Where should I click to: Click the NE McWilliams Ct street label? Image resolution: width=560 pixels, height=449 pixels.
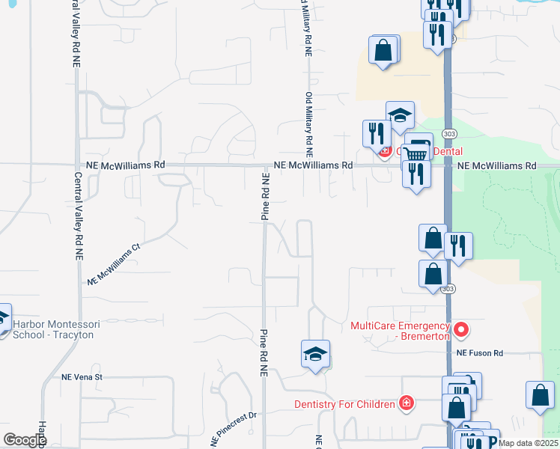point(114,265)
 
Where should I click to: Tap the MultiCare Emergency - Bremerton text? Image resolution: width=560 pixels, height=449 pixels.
point(400,331)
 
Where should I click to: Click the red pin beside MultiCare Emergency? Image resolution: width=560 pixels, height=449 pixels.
point(462,329)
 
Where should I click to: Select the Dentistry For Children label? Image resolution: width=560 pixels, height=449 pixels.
point(344,404)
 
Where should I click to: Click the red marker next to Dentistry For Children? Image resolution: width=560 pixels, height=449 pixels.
point(407,403)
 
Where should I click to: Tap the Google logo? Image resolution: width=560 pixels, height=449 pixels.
point(24,440)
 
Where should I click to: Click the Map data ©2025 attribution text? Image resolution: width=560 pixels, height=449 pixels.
point(527,443)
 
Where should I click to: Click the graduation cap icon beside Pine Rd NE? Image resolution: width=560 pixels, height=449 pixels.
point(316,353)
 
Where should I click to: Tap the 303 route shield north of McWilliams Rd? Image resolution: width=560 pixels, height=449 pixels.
point(448,133)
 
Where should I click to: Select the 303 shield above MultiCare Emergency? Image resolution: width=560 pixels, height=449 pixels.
point(448,288)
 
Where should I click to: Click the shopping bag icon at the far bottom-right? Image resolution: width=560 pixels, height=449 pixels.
point(540,394)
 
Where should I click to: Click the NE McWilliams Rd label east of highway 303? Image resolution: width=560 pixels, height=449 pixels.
point(497,165)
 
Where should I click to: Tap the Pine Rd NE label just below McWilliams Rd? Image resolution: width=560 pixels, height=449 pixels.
point(264,196)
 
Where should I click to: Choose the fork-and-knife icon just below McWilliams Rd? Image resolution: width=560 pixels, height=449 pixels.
point(416,174)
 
